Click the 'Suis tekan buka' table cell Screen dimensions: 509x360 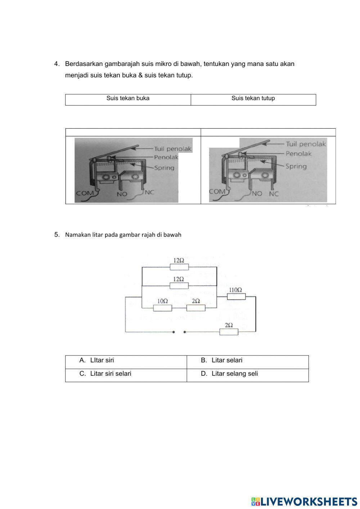tap(128, 98)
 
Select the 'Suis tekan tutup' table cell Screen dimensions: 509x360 tap(253, 98)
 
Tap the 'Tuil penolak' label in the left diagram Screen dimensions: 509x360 tap(173, 149)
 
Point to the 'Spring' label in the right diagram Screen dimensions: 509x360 tap(296, 166)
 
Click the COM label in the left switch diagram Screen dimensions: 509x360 tap(85, 193)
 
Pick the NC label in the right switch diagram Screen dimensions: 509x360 tap(274, 193)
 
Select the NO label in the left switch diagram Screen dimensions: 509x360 tap(122, 194)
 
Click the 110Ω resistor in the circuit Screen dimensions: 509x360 tap(236, 296)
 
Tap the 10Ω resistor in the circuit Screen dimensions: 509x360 tap(162, 308)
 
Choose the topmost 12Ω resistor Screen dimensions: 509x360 tap(179, 267)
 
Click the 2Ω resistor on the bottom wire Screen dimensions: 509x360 tap(229, 332)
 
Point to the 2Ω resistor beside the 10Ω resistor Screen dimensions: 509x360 tap(196, 308)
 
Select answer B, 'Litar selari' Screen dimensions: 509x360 tap(227, 360)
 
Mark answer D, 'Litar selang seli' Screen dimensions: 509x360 tap(234, 374)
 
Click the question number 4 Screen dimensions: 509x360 tap(57, 64)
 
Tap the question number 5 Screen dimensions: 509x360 tap(57, 235)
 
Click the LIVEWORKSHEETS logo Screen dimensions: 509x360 tap(304, 501)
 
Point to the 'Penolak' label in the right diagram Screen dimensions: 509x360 tap(298, 154)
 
